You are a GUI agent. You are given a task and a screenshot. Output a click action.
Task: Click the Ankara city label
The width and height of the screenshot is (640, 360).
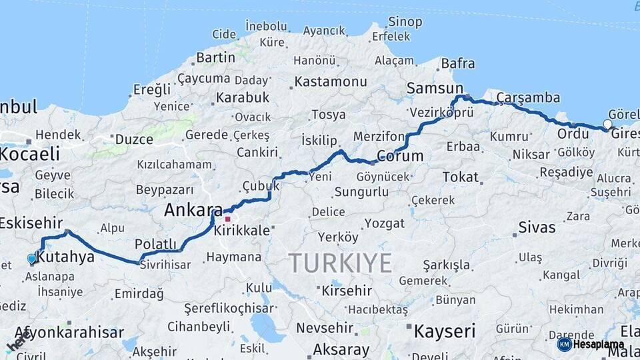[193, 210]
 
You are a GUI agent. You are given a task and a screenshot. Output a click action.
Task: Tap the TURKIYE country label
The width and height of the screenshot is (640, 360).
[340, 263]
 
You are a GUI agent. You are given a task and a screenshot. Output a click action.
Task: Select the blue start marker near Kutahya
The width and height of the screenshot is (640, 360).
[31, 259]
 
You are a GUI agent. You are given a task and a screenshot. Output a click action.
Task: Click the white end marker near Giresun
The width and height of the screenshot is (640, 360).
[607, 123]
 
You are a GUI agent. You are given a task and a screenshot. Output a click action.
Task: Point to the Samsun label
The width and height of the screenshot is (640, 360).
[435, 89]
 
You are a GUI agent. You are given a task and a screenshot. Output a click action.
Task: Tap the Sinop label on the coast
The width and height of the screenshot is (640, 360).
[405, 22]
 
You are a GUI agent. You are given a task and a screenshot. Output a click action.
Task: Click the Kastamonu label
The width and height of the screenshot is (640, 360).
[331, 81]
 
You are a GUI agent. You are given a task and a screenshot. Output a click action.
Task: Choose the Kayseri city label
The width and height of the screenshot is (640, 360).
[445, 331]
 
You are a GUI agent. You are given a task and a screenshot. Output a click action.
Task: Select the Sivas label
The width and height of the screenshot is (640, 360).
[537, 227]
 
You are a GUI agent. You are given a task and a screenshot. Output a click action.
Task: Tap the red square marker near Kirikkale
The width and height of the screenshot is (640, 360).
[227, 219]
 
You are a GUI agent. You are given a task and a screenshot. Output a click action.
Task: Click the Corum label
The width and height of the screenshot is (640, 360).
[400, 156]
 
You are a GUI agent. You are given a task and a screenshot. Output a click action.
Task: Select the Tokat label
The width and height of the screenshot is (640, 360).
[461, 177]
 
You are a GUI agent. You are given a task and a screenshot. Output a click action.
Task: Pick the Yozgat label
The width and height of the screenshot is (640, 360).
[385, 223]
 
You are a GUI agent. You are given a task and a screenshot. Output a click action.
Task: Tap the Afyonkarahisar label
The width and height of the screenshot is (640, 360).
[69, 332]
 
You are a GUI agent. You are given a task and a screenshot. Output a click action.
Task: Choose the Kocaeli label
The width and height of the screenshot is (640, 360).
[30, 154]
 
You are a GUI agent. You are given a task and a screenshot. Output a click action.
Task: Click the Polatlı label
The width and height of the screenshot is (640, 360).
[155, 243]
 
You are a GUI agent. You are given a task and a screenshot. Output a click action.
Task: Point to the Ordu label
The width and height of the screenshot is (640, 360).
[573, 133]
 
